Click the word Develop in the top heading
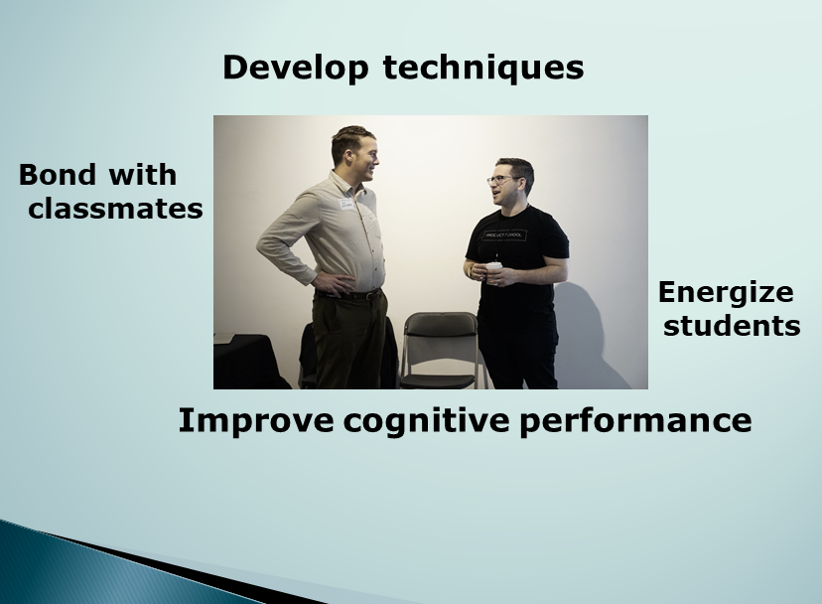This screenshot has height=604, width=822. click(295, 69)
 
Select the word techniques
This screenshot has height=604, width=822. click(483, 69)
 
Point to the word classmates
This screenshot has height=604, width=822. click(115, 209)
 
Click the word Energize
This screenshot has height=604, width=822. click(726, 293)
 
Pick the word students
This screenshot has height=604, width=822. click(732, 326)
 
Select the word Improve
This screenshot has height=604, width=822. click(256, 420)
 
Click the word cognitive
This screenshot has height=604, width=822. click(426, 421)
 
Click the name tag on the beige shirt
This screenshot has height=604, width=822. click(346, 204)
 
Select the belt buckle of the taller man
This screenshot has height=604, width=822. click(371, 295)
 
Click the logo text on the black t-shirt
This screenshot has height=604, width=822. click(503, 235)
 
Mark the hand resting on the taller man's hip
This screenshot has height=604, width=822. click(334, 283)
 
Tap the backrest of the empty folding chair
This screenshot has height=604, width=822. click(442, 325)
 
